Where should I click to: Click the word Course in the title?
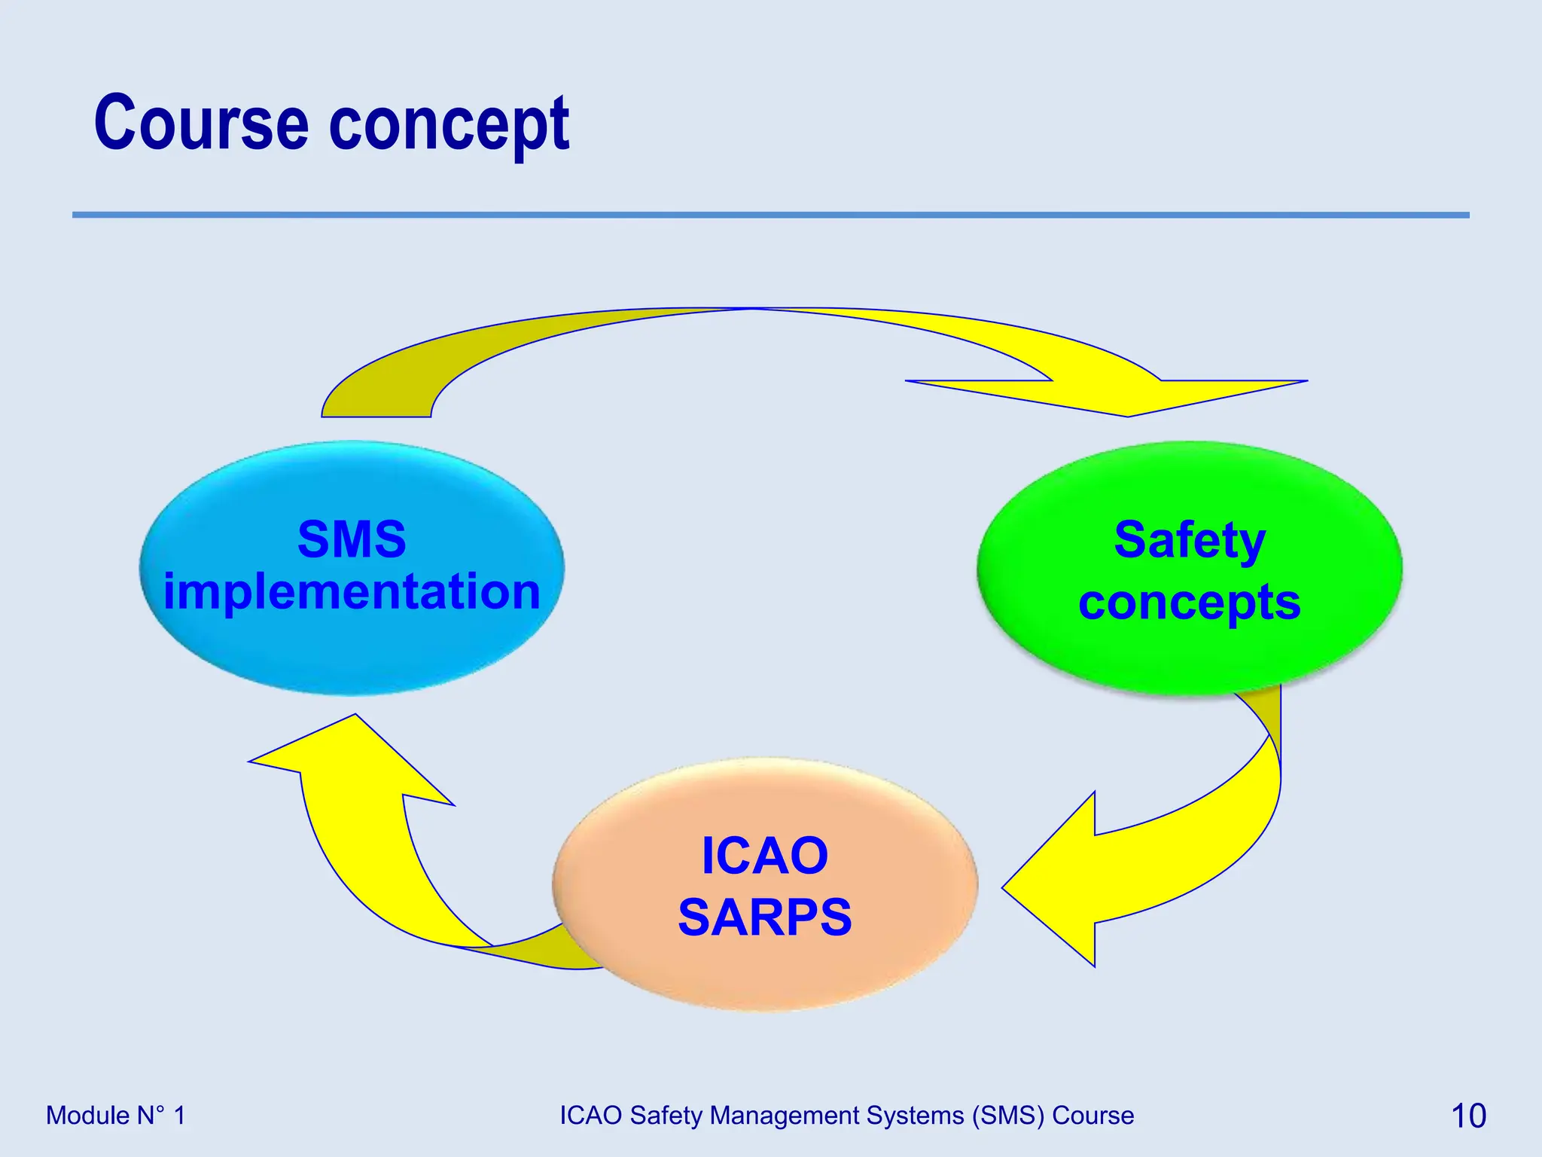(201, 124)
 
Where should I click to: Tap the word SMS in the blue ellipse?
(352, 539)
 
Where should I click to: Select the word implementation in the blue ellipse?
(352, 592)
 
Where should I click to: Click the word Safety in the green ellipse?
(1190, 541)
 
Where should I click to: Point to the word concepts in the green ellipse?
(1190, 603)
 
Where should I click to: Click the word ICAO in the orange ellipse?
(764, 856)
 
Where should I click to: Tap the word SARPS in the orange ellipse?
(764, 917)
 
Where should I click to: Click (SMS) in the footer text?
(1008, 1116)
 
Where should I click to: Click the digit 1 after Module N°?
(179, 1116)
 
